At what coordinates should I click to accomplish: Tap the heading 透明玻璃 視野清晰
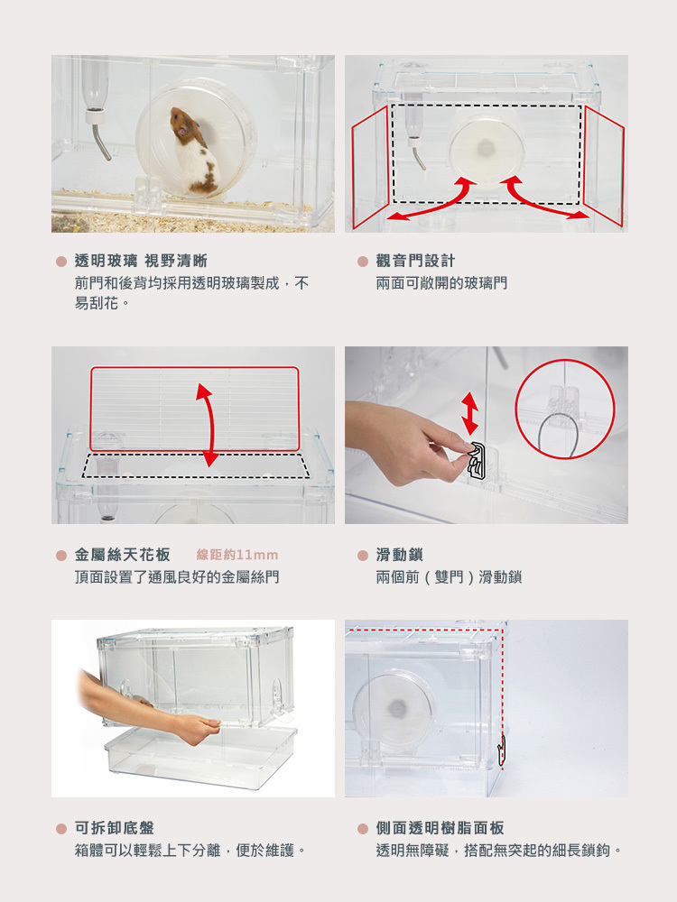coord(141,261)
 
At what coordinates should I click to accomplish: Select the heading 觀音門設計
coord(415,261)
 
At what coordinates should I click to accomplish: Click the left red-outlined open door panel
coord(369,167)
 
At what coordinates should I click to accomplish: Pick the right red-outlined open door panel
coord(605,164)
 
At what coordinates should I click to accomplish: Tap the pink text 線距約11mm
coord(237,555)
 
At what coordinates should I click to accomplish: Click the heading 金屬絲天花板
coord(122,555)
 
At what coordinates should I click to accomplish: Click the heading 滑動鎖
coord(400,555)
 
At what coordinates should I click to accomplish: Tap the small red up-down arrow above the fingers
coord(469,413)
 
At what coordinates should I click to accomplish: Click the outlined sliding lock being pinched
coord(477,460)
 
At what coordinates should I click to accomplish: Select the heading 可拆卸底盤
coord(114,828)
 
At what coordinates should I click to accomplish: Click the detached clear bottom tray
coord(201,757)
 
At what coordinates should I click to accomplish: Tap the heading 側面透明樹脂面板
coord(440,828)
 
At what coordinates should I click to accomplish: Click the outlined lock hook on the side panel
coord(501,751)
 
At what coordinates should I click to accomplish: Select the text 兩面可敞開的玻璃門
coord(441,283)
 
